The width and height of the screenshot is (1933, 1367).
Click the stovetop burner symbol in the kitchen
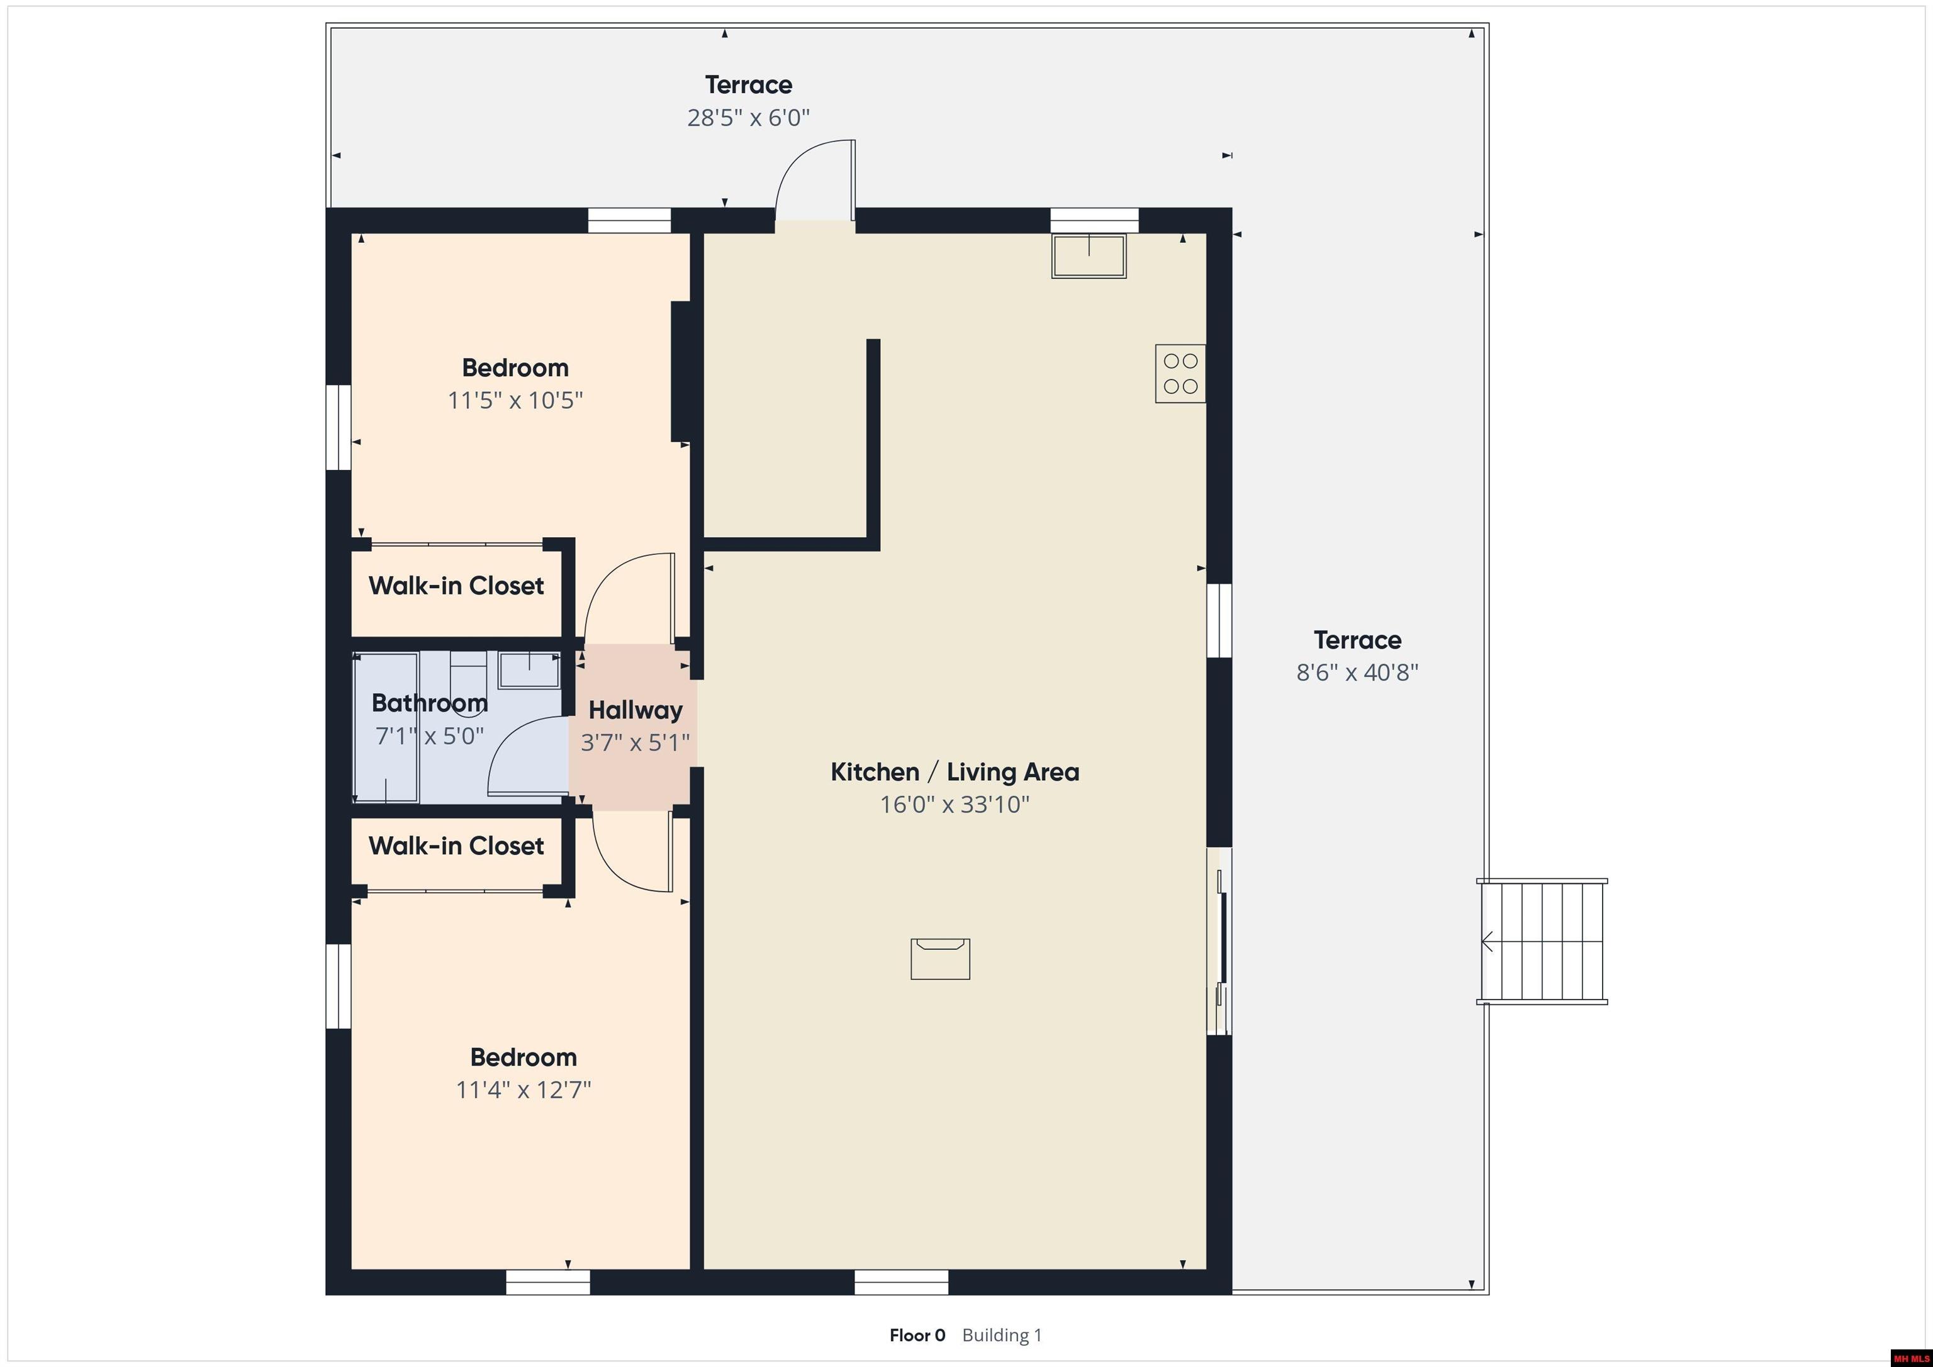pos(1180,373)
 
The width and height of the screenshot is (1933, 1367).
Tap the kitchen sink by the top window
pos(1089,256)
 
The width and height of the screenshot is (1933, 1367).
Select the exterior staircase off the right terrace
pos(1542,941)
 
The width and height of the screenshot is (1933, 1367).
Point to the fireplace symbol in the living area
pos(941,959)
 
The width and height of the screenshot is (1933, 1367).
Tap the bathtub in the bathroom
pos(386,727)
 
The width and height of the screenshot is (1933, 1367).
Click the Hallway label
pos(636,710)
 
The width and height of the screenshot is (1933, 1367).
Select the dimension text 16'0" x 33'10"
pos(955,805)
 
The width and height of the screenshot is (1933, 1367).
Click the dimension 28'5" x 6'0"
pos(748,118)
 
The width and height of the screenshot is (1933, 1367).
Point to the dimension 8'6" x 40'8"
pos(1357,672)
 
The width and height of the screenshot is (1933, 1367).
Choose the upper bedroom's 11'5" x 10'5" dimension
pos(515,400)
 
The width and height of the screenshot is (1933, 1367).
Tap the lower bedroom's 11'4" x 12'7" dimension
pos(524,1090)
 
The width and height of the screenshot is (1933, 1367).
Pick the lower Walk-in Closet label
pos(456,846)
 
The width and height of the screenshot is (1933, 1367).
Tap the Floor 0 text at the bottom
pos(917,1335)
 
